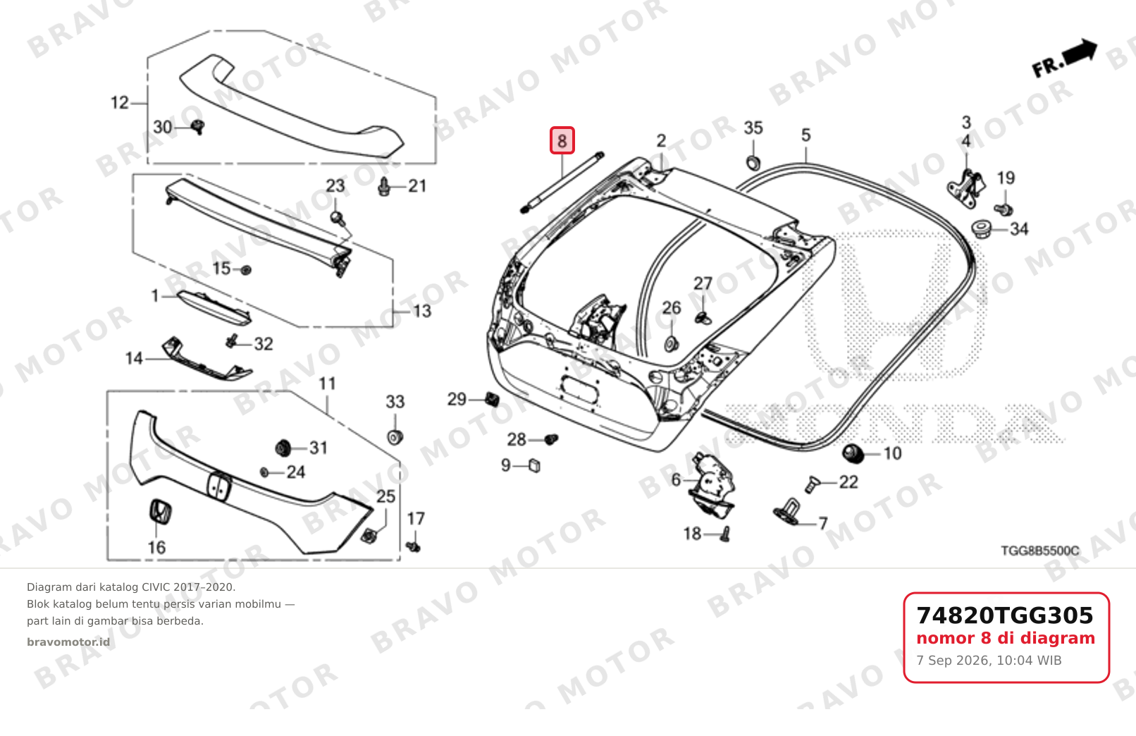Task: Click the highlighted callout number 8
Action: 562,140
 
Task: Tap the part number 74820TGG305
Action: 1005,615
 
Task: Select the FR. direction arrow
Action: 1066,59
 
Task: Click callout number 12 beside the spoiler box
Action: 120,102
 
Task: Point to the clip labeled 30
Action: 198,127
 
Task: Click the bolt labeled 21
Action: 384,187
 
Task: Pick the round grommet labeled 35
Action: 753,164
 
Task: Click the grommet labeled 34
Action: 982,229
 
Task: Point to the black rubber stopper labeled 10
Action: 853,453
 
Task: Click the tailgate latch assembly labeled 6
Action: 711,486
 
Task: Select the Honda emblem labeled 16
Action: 160,511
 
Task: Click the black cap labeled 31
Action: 283,448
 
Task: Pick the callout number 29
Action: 457,399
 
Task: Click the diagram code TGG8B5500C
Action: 1039,551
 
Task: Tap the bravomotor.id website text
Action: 68,642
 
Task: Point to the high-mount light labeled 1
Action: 214,307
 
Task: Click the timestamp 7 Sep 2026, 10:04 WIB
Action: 989,661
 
